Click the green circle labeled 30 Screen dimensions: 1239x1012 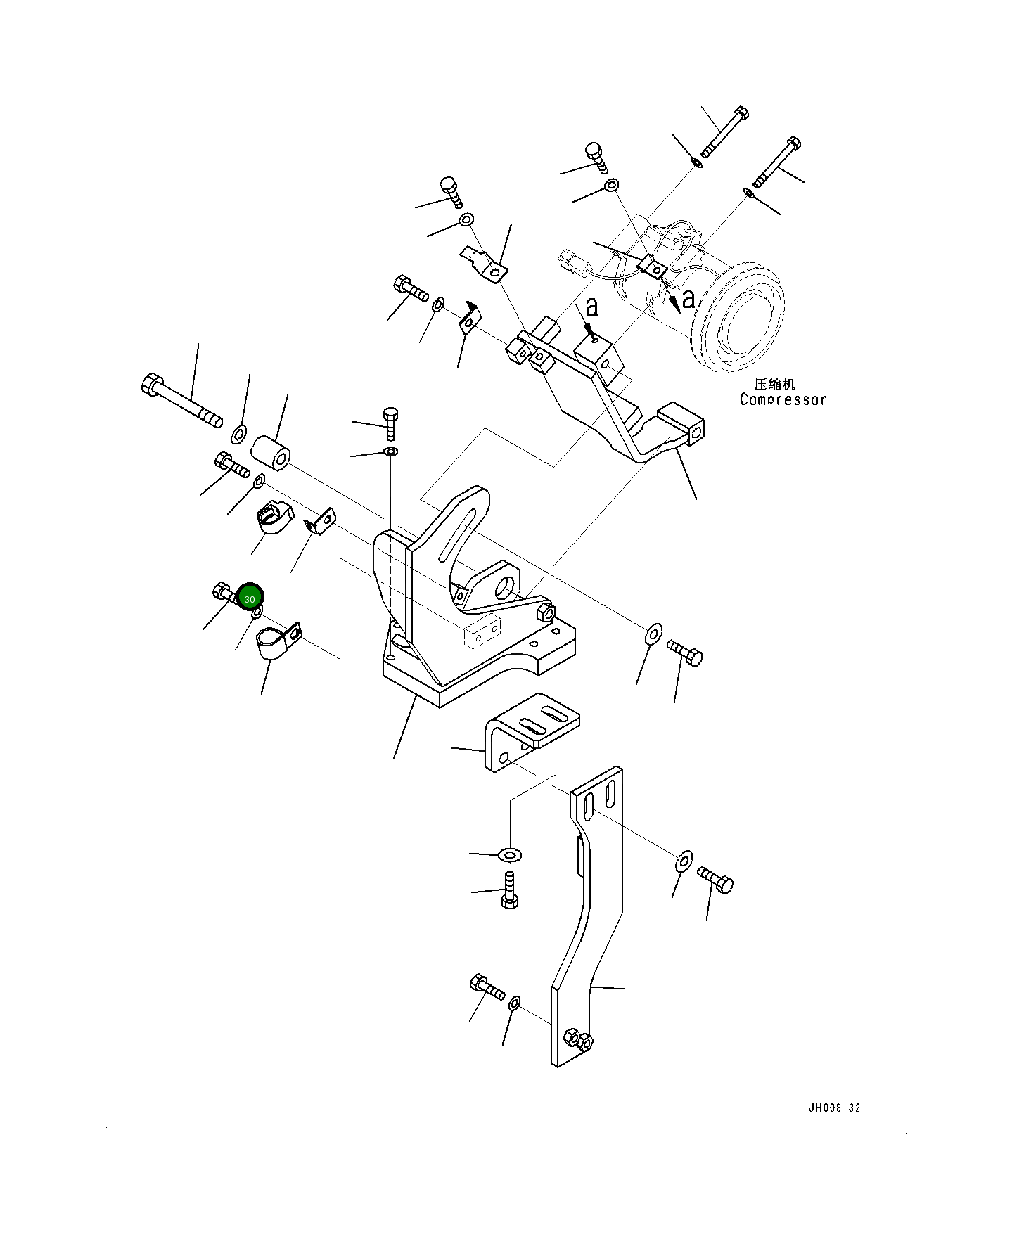coord(250,598)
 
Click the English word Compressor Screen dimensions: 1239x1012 coord(782,399)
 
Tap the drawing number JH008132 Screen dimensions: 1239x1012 coord(834,1108)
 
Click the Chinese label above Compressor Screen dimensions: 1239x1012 coord(774,384)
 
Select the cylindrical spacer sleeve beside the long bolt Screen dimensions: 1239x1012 coord(270,453)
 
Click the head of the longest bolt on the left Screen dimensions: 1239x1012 coord(150,385)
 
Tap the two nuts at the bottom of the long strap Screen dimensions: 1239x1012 coord(578,1039)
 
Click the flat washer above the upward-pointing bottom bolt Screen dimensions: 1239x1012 coord(510,855)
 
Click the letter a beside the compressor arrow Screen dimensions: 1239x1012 coord(688,298)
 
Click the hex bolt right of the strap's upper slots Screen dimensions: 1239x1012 coord(716,879)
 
